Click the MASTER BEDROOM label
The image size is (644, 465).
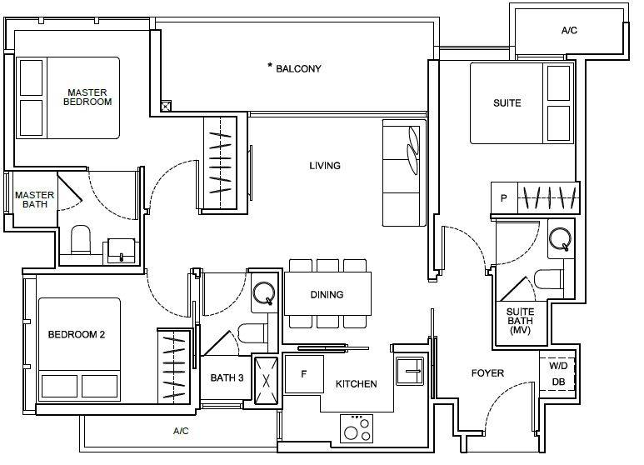click(87, 97)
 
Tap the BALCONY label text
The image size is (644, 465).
click(298, 68)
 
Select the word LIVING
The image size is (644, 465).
click(325, 166)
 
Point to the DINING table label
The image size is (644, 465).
click(327, 294)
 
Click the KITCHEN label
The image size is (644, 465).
click(356, 384)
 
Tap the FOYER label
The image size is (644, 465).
click(487, 373)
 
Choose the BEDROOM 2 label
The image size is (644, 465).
click(77, 334)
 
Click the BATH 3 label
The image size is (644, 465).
click(227, 377)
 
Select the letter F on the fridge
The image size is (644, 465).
click(304, 374)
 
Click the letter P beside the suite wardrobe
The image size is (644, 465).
click(503, 198)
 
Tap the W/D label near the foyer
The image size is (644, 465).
click(558, 366)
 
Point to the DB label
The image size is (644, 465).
click(558, 382)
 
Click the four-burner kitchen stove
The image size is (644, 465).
click(357, 428)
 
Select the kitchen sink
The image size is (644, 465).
click(410, 371)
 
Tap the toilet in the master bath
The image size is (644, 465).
click(81, 239)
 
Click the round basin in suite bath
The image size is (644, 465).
click(561, 238)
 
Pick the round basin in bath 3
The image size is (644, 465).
click(264, 293)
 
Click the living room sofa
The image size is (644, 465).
click(405, 173)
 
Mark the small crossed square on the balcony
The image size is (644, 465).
click(166, 107)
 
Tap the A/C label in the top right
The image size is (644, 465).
click(569, 30)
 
